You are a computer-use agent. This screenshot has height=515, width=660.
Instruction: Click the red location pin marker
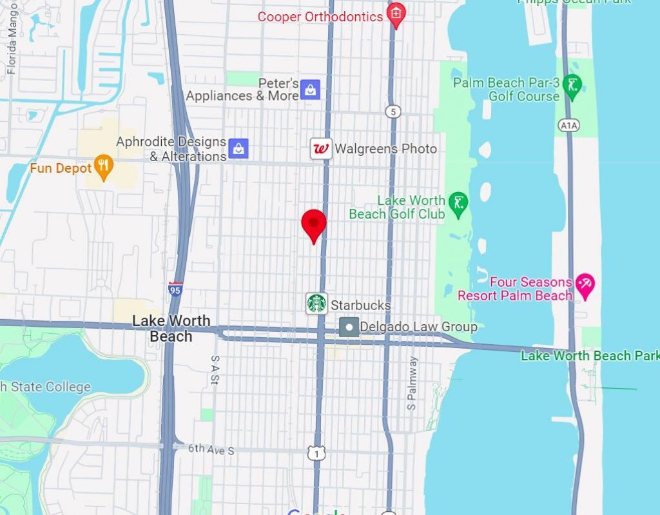(x=314, y=224)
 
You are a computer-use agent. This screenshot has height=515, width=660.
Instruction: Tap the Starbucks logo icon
(x=316, y=303)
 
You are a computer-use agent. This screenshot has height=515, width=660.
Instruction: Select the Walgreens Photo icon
(x=321, y=149)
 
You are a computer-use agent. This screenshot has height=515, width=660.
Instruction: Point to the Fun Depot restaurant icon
(x=102, y=167)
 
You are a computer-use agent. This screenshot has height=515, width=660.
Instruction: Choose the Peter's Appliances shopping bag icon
(x=311, y=90)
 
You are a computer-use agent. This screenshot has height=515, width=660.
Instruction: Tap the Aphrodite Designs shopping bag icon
(x=238, y=148)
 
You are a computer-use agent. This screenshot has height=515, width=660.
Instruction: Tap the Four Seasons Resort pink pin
(x=585, y=285)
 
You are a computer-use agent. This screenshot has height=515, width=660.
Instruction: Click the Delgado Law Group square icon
(x=349, y=327)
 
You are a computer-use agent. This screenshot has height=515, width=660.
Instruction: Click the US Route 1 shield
(x=316, y=453)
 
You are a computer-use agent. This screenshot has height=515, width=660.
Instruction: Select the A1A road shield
(x=568, y=126)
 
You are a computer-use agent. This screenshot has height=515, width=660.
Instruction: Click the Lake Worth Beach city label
(x=171, y=328)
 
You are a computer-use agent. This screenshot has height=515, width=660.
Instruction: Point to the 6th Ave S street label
(x=211, y=450)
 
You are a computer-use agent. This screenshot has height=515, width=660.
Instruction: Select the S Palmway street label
(x=412, y=384)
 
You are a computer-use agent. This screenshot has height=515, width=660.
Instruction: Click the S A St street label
(x=215, y=369)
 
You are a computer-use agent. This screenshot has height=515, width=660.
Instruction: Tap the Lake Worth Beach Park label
(x=590, y=355)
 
